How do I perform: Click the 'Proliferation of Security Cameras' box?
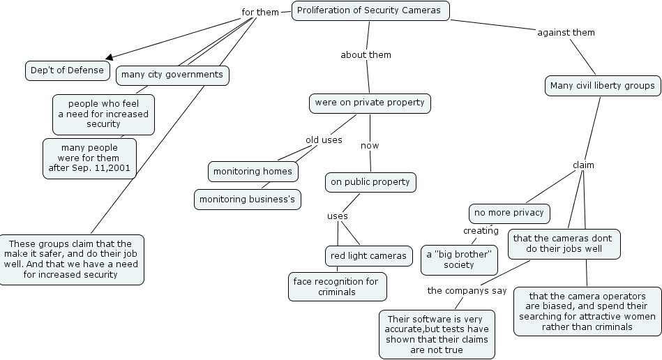pyautogui.click(x=370, y=10)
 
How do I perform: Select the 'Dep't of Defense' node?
pyautogui.click(x=67, y=70)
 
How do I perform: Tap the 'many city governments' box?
pyautogui.click(x=172, y=75)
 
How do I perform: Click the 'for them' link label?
pyautogui.click(x=260, y=13)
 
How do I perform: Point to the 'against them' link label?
pyautogui.click(x=566, y=32)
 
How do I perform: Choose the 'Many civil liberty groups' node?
pyautogui.click(x=602, y=86)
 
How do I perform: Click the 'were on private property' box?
pyautogui.click(x=370, y=103)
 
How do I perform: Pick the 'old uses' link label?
pyautogui.click(x=324, y=140)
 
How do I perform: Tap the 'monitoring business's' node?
pyautogui.click(x=248, y=200)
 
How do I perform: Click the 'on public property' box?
pyautogui.click(x=370, y=183)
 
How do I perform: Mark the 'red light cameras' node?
pyautogui.click(x=368, y=256)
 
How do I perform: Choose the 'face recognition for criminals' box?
pyautogui.click(x=338, y=287)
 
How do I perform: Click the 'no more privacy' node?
pyautogui.click(x=509, y=213)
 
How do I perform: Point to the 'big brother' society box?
pyautogui.click(x=459, y=260)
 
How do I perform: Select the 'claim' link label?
pyautogui.click(x=583, y=165)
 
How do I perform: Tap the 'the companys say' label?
pyautogui.click(x=467, y=290)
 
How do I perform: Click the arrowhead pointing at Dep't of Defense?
pyautogui.click(x=108, y=58)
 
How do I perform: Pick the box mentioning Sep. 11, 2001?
pyautogui.click(x=89, y=158)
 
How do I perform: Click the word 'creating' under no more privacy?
pyautogui.click(x=481, y=231)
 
